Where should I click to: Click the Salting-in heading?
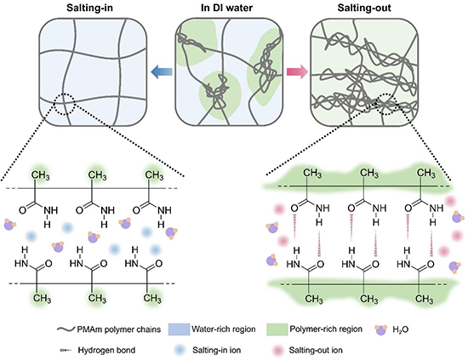click(x=89, y=8)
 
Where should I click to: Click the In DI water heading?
click(x=227, y=8)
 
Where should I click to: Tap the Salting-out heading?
click(x=364, y=8)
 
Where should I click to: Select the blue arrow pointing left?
click(x=162, y=72)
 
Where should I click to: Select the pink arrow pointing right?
click(x=297, y=72)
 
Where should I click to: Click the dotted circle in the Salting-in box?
click(x=55, y=105)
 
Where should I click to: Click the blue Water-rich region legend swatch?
click(x=179, y=329)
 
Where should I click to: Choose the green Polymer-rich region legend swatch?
click(x=277, y=329)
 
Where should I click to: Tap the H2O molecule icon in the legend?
click(x=381, y=329)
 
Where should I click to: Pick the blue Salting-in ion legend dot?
click(x=180, y=350)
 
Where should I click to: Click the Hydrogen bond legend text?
click(x=106, y=350)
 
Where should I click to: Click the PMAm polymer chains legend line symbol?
click(x=66, y=329)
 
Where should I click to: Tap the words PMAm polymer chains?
click(x=119, y=329)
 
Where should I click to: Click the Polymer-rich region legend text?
click(x=326, y=329)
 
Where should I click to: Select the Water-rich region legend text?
click(x=224, y=329)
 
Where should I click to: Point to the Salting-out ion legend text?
click(x=316, y=350)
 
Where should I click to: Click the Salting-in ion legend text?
click(x=216, y=350)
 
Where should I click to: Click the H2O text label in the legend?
click(x=400, y=330)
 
